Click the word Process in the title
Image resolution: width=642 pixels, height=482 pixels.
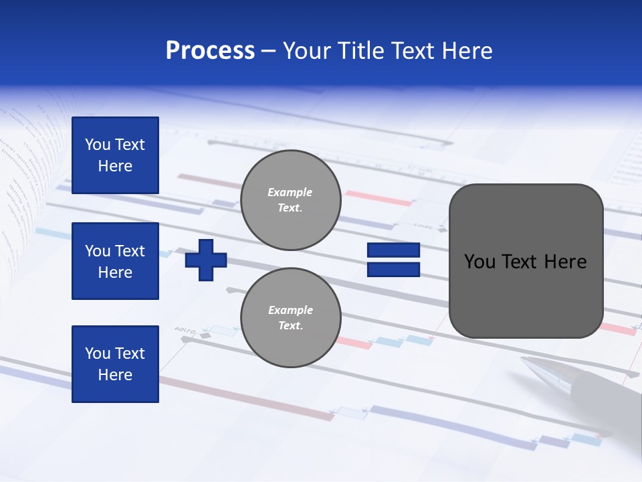click(210, 51)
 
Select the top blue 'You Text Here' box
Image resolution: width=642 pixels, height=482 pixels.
click(115, 155)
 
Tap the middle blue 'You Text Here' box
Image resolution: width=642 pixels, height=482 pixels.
click(115, 261)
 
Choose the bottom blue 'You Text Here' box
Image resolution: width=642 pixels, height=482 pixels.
click(115, 364)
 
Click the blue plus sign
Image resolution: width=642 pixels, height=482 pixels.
click(206, 259)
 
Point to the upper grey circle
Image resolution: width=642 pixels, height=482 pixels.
click(290, 200)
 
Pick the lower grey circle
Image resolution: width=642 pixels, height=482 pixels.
click(290, 318)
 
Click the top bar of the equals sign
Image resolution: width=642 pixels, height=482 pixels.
click(393, 250)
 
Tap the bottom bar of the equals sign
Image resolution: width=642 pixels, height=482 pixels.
click(393, 269)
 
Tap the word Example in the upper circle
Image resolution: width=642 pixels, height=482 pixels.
click(290, 192)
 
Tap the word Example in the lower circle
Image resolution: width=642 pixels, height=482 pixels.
click(290, 310)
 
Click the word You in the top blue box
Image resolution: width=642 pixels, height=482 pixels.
click(98, 145)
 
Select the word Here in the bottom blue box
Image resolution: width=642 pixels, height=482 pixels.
click(115, 375)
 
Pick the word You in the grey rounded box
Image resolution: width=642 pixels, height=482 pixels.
click(478, 262)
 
